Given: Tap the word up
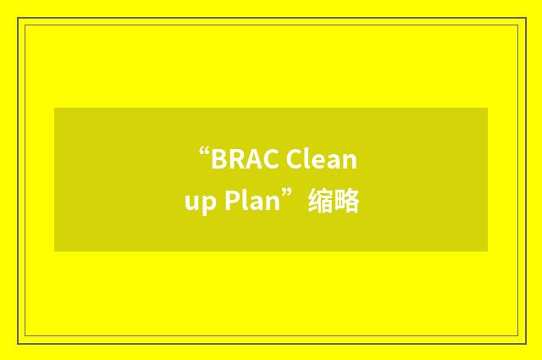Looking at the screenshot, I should [196, 203].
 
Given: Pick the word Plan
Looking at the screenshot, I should [252, 202].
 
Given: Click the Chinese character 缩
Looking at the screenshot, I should [320, 202].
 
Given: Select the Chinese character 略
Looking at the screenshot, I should [346, 202].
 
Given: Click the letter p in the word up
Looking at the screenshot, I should [203, 206].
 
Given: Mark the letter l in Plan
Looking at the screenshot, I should [245, 202].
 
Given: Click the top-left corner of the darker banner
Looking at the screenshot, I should [55, 108].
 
